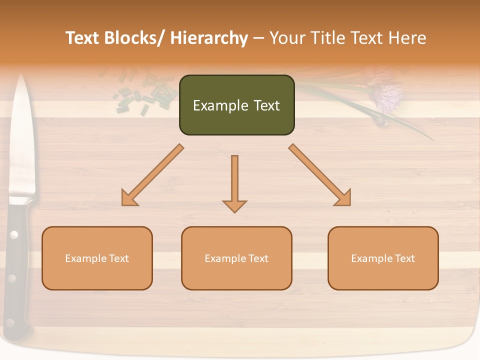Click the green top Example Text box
pos(236,105)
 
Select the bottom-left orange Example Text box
pos(97,258)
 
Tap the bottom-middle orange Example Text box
pos(236,258)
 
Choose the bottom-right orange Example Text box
pos(383,258)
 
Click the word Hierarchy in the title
pos(208,38)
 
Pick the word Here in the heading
pos(407,38)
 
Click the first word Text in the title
pos(82,38)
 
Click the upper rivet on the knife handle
pos(14,234)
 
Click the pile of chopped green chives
pos(145,95)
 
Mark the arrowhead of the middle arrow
pos(234,205)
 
